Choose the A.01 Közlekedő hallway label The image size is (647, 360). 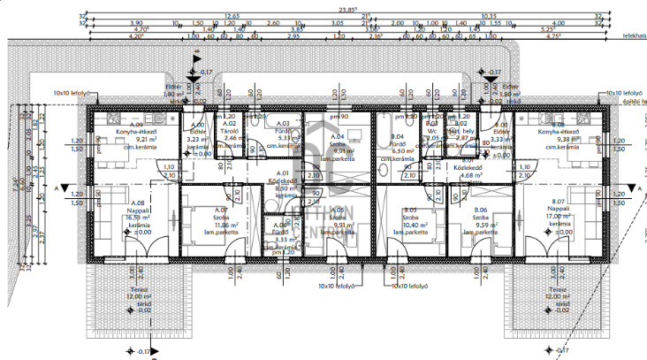tap(283, 181)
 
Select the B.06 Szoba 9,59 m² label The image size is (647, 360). tap(480, 218)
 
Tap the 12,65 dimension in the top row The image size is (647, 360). tap(232, 16)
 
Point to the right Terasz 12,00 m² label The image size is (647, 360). tap(559, 295)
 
